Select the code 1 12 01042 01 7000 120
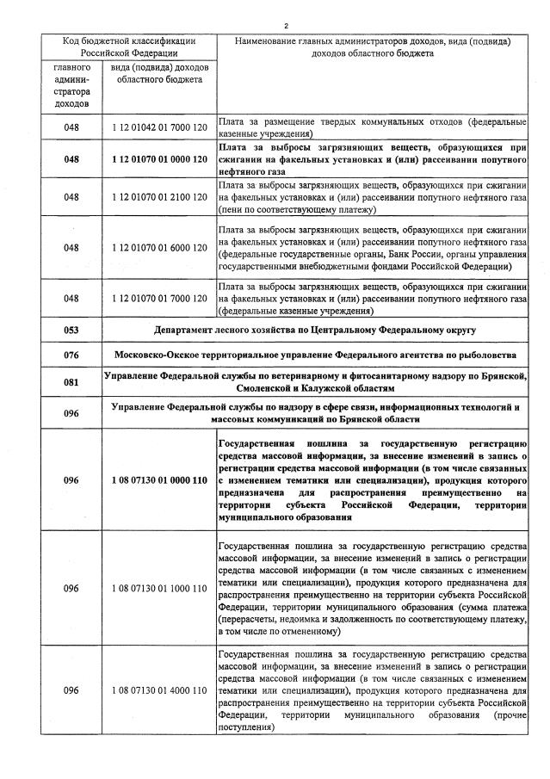point(158,127)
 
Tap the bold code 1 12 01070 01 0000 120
point(158,159)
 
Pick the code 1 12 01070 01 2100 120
point(158,197)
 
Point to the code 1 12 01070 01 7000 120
point(158,298)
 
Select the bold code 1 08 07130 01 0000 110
point(158,479)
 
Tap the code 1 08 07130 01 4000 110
point(158,690)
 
